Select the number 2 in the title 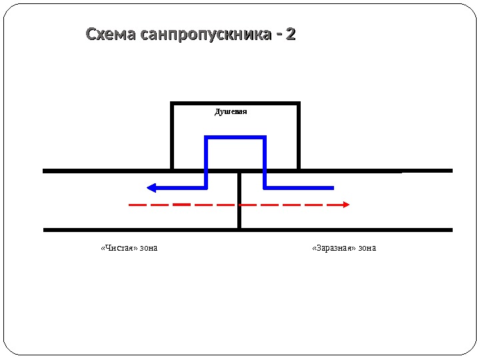click(290, 34)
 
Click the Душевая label click(231, 112)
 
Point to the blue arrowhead click(151, 187)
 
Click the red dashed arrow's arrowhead click(346, 205)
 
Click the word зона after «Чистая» click(149, 248)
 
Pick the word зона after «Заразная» click(367, 248)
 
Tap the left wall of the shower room click(172, 137)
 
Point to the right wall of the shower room click(299, 137)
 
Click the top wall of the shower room click(235, 103)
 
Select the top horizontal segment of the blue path click(235, 138)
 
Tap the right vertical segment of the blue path click(265, 160)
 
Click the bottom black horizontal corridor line click(247, 230)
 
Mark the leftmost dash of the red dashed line click(135, 205)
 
